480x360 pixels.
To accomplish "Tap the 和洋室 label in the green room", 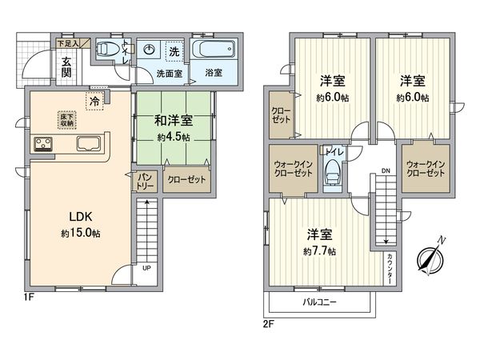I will pos(172,121).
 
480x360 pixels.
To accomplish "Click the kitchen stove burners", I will pos(42,145).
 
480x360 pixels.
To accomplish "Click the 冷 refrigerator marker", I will pos(95,102).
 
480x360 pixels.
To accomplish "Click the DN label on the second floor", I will pos(385,171).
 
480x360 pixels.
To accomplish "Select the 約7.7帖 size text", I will pos(320,251).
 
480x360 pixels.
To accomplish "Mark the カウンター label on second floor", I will pos(389,266).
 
